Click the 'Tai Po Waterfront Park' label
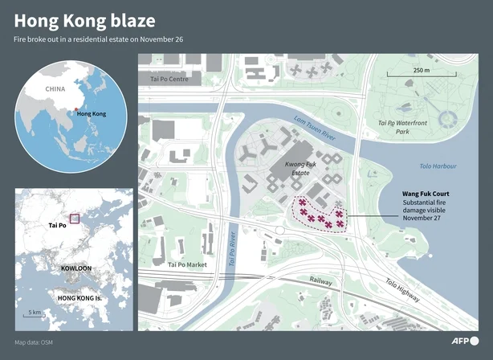point(401,125)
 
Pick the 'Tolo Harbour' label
point(437,166)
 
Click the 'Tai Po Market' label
point(189,264)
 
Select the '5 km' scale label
point(34,312)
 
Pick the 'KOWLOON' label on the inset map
point(79,270)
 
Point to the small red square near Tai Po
point(75,218)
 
